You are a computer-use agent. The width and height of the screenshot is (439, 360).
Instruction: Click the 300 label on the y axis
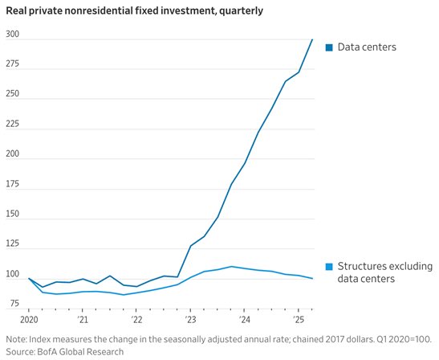pos(13,35)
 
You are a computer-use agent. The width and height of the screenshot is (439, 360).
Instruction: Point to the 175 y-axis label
pos(13,184)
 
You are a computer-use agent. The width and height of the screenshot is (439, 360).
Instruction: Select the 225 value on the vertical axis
pos(13,124)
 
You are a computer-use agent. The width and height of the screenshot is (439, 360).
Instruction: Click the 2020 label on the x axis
pos(29,320)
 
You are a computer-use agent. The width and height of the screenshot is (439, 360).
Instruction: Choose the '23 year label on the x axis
pos(190,320)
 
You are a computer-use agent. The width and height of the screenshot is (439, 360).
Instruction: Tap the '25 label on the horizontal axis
pos(299,320)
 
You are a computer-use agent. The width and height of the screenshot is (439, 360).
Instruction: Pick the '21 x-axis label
pos(83,320)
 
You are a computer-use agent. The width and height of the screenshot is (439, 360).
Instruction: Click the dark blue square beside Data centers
pos(329,47)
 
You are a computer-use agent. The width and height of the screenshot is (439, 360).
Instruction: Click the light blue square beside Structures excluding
pos(329,267)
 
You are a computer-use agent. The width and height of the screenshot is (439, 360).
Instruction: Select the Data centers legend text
pos(367,47)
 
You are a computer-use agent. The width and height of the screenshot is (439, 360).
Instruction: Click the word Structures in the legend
pos(358,266)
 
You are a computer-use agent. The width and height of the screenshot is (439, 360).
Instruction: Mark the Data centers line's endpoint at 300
pos(312,39)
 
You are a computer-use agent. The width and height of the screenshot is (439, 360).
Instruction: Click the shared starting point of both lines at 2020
pos(29,278)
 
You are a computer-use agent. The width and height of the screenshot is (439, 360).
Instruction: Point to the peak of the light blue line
pos(231,266)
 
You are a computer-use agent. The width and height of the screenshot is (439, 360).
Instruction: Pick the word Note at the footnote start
pos(16,339)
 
